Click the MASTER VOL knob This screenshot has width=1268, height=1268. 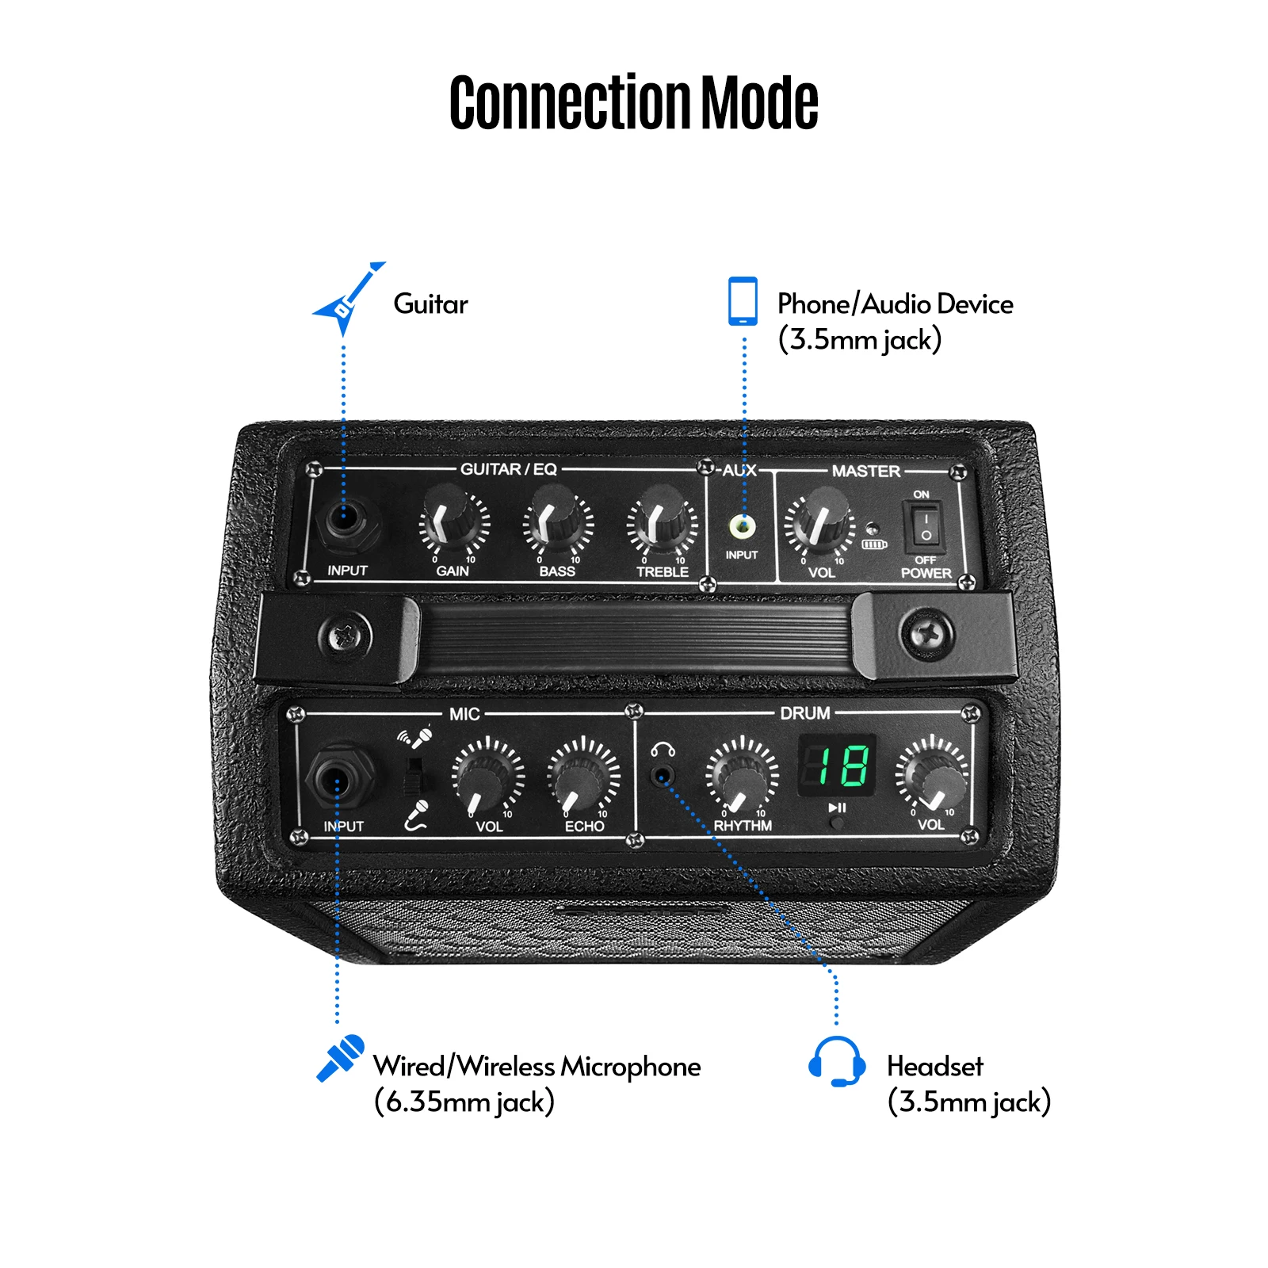[820, 521]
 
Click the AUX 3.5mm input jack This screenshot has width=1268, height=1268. [743, 525]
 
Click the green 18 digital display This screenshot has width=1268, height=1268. [837, 766]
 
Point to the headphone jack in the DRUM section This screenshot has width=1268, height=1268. [663, 774]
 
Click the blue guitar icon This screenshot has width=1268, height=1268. [347, 298]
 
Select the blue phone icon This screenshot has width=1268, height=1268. [743, 300]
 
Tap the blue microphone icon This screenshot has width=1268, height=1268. [341, 1057]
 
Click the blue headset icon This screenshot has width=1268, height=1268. [837, 1061]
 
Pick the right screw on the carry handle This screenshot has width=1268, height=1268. [926, 634]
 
